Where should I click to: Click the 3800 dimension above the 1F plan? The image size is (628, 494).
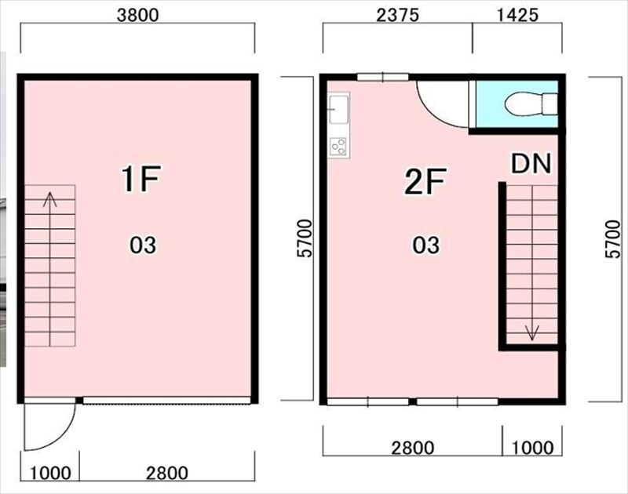coord(138,15)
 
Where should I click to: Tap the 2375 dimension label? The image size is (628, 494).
coord(397,15)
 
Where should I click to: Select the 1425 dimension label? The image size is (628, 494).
coord(517,15)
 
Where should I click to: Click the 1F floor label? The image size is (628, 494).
coord(141,180)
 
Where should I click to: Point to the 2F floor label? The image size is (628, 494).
coord(425,181)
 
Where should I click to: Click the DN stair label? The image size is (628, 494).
coord(531,163)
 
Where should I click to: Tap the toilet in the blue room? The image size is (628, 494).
coord(531,104)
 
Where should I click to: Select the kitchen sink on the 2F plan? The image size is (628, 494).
coord(339,109)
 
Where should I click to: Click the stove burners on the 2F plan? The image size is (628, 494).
coord(339,147)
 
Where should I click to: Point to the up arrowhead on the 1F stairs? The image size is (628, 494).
coord(50,199)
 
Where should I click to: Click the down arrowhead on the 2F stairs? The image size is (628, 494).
coord(532,332)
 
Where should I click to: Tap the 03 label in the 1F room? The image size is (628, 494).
coord(143,245)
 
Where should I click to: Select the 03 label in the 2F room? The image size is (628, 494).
coord(426,245)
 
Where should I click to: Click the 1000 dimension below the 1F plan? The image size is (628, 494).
coord(50,473)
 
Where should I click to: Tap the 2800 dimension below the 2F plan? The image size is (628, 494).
coord(413,448)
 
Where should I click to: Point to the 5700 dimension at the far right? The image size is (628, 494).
coord(613,239)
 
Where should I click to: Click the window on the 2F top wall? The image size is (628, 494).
coord(383,77)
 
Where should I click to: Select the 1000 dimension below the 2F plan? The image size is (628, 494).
coord(533,448)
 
